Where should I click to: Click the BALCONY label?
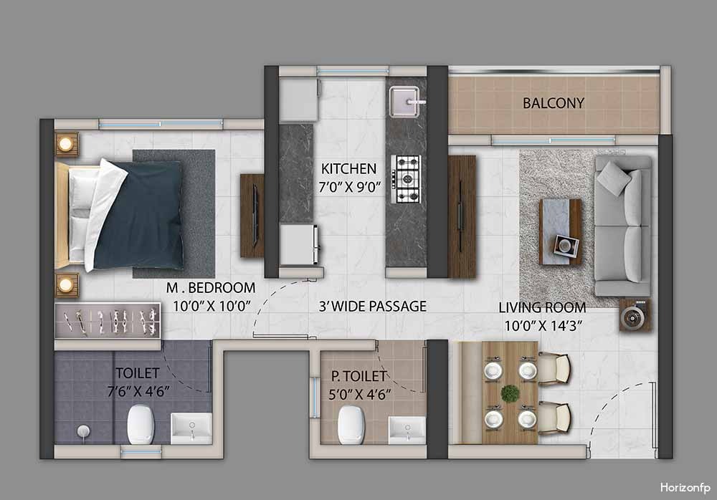coord(554,103)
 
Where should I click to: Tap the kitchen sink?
coord(404,102)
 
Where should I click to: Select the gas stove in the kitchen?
coord(407,178)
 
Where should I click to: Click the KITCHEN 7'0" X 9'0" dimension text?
coord(350,186)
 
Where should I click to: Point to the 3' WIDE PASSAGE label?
coord(372,306)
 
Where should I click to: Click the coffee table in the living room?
coord(561,231)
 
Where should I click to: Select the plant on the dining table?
coord(511,393)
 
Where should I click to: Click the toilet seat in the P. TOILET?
coord(351,425)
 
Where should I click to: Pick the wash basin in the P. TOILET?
coord(407,430)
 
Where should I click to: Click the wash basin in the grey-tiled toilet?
coord(191,428)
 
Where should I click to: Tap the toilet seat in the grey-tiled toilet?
coord(140,425)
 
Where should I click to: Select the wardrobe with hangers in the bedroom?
coord(108,320)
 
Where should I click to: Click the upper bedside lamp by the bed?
coord(66,144)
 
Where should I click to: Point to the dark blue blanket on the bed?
coord(137,215)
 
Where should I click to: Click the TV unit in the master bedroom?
coord(252,216)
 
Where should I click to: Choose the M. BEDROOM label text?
coord(210,287)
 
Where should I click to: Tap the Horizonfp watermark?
coord(685,488)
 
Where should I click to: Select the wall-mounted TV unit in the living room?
coord(462,216)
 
